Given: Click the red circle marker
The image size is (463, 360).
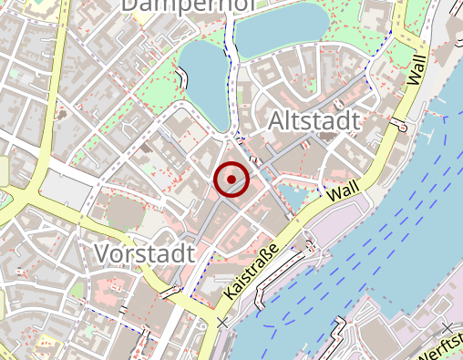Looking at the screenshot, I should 231,179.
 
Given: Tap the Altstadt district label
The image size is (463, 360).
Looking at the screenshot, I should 314,121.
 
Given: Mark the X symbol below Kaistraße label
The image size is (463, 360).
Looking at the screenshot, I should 222,323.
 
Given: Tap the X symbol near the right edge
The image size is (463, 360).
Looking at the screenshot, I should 446,327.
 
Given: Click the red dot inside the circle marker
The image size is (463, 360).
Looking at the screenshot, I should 231,179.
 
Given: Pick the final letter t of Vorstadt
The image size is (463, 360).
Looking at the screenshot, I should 190,252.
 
